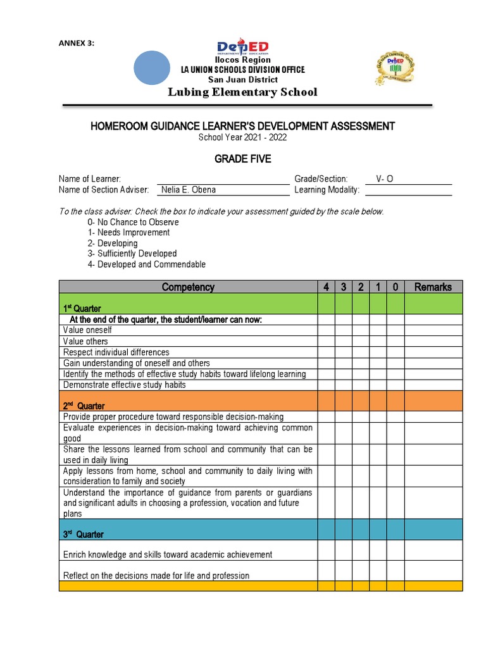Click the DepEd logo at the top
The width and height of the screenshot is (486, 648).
pyautogui.click(x=243, y=47)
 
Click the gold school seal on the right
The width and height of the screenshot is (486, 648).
pyautogui.click(x=396, y=65)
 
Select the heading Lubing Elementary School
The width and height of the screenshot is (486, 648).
pyautogui.click(x=242, y=92)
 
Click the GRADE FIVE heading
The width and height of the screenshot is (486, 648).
pyautogui.click(x=242, y=159)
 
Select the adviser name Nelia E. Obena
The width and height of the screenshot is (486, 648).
pyautogui.click(x=189, y=190)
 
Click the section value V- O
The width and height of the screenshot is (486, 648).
pyautogui.click(x=384, y=179)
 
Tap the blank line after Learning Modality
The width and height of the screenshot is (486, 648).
pyautogui.click(x=408, y=190)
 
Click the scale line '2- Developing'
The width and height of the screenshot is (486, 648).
pyautogui.click(x=113, y=243)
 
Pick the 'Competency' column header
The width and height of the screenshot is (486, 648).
pyautogui.click(x=188, y=287)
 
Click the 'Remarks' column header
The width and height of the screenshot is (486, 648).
pyautogui.click(x=433, y=287)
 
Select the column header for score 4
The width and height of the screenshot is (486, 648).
pyautogui.click(x=326, y=287)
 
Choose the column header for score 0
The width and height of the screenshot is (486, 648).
pyautogui.click(x=395, y=287)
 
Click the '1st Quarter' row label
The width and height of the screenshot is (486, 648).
pyautogui.click(x=82, y=309)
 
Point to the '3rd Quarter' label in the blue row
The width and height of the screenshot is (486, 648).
pyautogui.click(x=82, y=535)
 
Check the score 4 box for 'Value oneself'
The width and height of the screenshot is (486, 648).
pyautogui.click(x=326, y=330)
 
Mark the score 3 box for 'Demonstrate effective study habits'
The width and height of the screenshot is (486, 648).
pyautogui.click(x=343, y=385)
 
